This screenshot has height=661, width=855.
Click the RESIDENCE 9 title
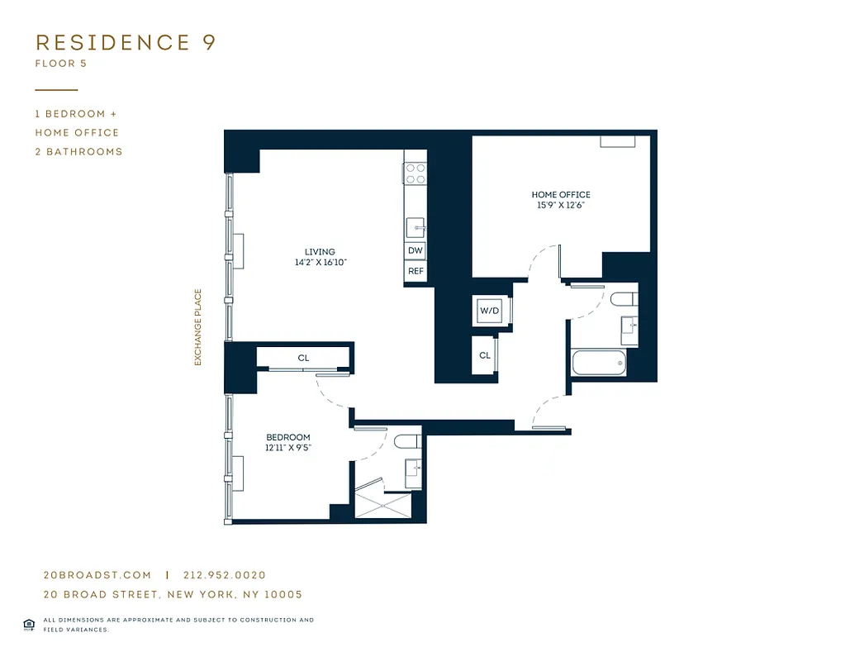(x=126, y=43)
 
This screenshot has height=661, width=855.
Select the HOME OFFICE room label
(x=561, y=195)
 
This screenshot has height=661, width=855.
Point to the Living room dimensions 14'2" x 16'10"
(x=321, y=263)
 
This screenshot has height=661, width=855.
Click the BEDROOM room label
(x=287, y=437)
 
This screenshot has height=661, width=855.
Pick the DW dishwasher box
(x=416, y=250)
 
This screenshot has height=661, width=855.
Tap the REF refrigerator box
(x=416, y=271)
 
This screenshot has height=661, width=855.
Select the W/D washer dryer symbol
(x=490, y=311)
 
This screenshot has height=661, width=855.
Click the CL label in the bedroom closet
(x=303, y=359)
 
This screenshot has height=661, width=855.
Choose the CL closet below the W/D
(x=485, y=355)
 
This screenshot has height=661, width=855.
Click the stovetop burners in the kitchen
(x=416, y=173)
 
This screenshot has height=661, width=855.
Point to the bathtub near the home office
(x=598, y=362)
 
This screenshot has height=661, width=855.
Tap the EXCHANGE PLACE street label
(x=198, y=326)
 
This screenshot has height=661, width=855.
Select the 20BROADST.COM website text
(x=97, y=575)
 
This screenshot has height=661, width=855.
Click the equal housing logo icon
(x=29, y=624)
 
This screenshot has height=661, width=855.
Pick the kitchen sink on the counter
(x=416, y=224)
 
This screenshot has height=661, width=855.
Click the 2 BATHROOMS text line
(x=78, y=151)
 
